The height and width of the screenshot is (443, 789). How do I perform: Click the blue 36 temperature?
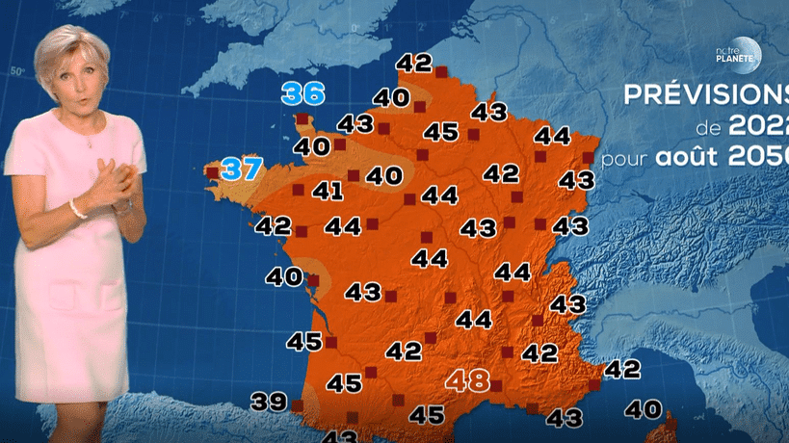[x=303, y=94]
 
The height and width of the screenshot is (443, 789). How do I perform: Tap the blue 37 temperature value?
[x=242, y=170]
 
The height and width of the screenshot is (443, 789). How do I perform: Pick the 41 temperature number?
[x=328, y=191]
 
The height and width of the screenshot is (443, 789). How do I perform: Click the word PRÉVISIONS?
[x=705, y=97]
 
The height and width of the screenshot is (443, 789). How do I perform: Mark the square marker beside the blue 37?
[x=212, y=172]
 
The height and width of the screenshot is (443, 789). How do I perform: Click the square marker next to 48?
[x=496, y=385]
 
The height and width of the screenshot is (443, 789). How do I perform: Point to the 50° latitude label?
[x=16, y=71]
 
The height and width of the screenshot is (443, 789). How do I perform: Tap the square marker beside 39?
[x=297, y=406]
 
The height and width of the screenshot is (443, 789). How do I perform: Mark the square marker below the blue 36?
[x=302, y=119]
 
